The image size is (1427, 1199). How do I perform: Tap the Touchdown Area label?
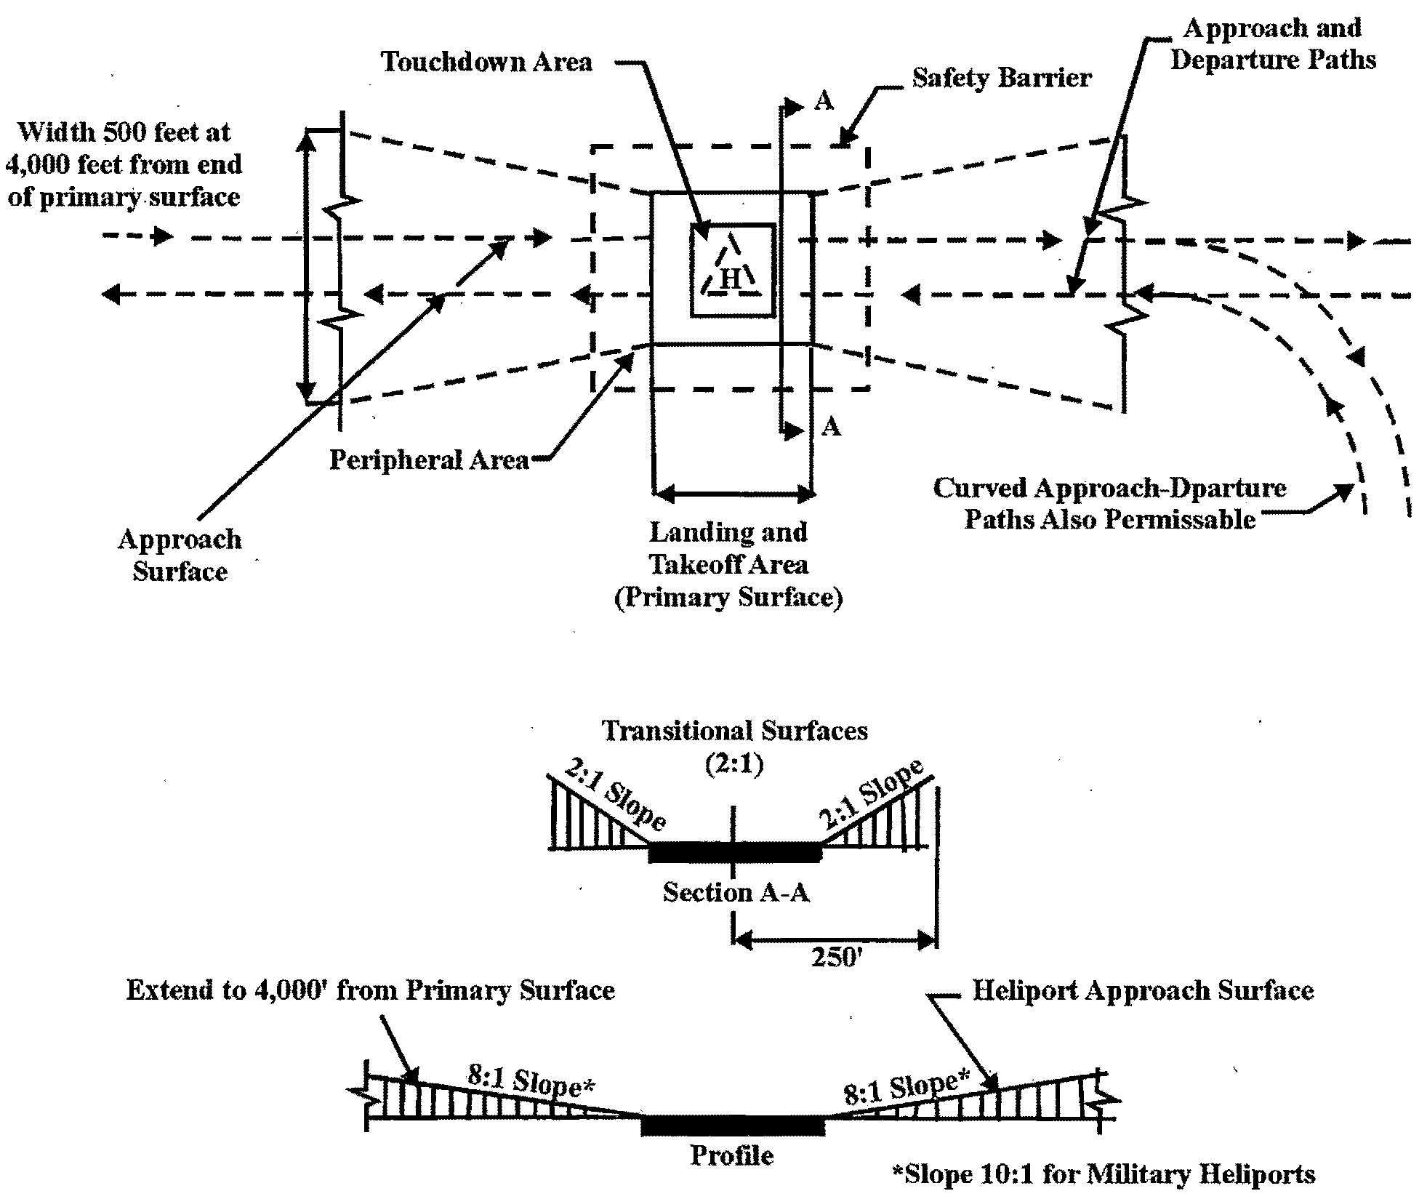pyautogui.click(x=486, y=63)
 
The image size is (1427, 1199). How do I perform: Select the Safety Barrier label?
pyautogui.click(x=1002, y=79)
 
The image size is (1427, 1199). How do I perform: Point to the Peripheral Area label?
pyautogui.click(x=429, y=460)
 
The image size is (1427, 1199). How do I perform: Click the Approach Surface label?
pyautogui.click(x=180, y=556)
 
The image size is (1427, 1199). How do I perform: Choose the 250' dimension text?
pyautogui.click(x=836, y=958)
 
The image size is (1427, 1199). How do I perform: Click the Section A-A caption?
pyautogui.click(x=736, y=892)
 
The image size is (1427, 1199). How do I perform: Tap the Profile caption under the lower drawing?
pyautogui.click(x=731, y=1155)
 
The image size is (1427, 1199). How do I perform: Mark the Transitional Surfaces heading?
pyautogui.click(x=734, y=731)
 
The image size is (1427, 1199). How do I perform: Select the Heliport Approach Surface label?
pyautogui.click(x=1143, y=991)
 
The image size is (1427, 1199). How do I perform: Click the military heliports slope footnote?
pyautogui.click(x=1104, y=1174)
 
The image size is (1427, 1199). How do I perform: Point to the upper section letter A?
pyautogui.click(x=824, y=101)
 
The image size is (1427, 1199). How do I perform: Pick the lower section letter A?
pyautogui.click(x=830, y=427)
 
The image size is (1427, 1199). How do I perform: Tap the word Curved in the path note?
pyautogui.click(x=978, y=488)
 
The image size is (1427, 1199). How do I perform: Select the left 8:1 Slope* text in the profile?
pyautogui.click(x=531, y=1081)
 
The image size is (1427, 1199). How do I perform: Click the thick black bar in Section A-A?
pyautogui.click(x=734, y=852)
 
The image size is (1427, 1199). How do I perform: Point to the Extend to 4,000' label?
pyautogui.click(x=370, y=991)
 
